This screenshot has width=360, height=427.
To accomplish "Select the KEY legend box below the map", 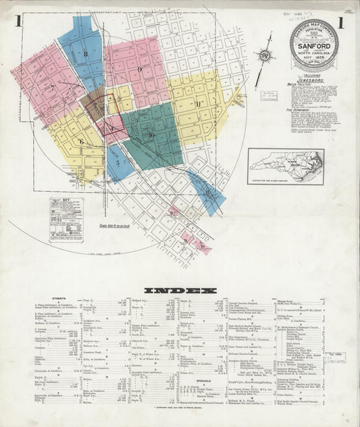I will [x=66, y=216].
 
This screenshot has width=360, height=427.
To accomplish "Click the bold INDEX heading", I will [x=178, y=291].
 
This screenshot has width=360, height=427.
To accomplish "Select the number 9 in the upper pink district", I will [x=139, y=69].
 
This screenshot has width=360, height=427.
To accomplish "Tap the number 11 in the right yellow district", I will [x=198, y=103].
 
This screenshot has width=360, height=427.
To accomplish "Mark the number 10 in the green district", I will [x=151, y=135].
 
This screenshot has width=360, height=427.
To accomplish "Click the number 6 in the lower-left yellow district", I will [x=81, y=142].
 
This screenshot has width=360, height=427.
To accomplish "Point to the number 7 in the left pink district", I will [x=51, y=87].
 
